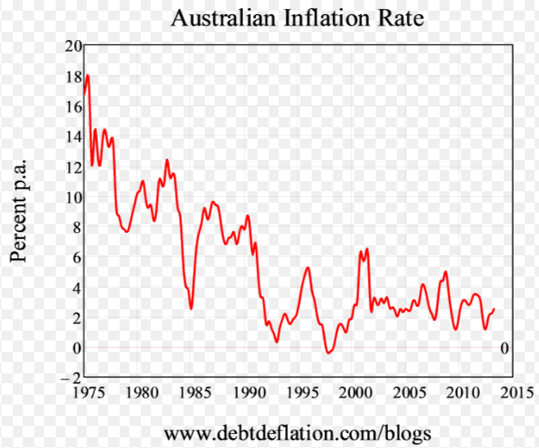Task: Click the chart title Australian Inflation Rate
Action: click(x=298, y=18)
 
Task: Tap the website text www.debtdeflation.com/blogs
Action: click(x=297, y=432)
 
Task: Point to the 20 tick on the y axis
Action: click(x=72, y=46)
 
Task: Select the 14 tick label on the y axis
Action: click(x=72, y=137)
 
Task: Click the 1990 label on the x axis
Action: click(x=248, y=391)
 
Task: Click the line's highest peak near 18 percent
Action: click(x=87, y=75)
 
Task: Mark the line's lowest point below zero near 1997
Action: click(x=328, y=353)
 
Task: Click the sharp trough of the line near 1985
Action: click(x=191, y=309)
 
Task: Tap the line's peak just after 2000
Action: click(x=366, y=248)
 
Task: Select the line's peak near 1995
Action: click(x=308, y=267)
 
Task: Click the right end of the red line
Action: click(x=495, y=309)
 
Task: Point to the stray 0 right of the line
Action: click(x=505, y=348)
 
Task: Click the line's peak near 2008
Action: click(x=445, y=271)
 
